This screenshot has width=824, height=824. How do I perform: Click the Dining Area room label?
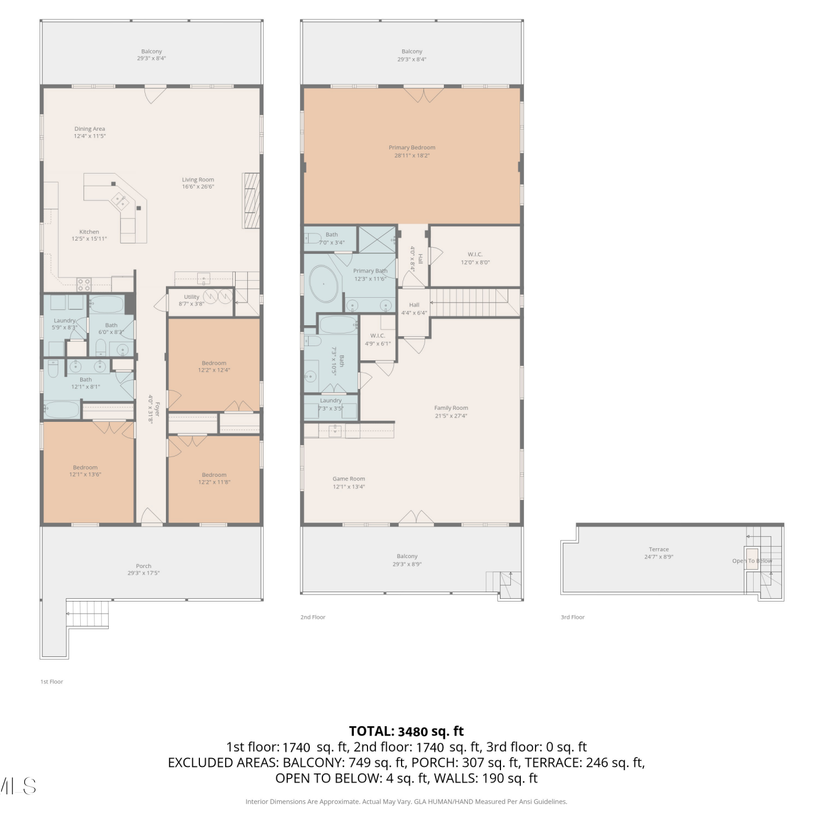90,129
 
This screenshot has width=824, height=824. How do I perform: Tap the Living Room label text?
198,180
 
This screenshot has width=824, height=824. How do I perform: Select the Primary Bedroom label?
412,148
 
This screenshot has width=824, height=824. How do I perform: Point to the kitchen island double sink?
120,202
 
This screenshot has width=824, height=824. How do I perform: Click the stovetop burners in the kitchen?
83,285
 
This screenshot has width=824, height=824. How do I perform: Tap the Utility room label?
192,297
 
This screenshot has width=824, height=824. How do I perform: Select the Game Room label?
349,479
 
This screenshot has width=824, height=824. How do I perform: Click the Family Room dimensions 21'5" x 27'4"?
451,416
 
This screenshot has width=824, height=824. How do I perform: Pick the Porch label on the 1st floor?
143,566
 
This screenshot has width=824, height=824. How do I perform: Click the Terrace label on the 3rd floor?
659,549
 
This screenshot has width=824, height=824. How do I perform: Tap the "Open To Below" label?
752,561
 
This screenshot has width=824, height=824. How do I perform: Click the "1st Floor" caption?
52,682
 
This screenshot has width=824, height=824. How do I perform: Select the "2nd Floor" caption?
313,617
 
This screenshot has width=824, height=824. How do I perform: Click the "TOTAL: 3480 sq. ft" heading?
407,731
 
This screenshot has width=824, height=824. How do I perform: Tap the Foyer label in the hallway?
157,409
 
